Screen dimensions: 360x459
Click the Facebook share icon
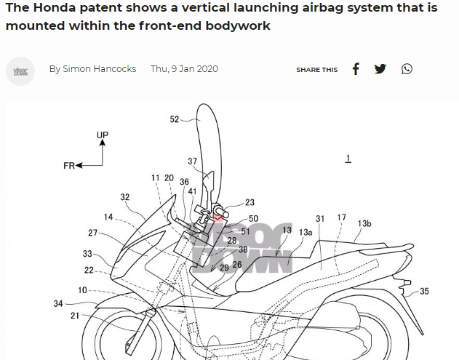[x=356, y=69]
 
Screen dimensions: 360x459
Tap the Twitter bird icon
[x=380, y=69]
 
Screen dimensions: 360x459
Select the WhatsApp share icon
[x=407, y=69]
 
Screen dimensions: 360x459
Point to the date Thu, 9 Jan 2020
[x=184, y=69]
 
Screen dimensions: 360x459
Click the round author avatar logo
[x=20, y=71]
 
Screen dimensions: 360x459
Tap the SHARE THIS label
[x=316, y=70]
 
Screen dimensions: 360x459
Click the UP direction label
[x=103, y=135]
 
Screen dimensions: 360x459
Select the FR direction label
[x=69, y=166]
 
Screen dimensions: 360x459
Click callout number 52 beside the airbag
[x=175, y=120]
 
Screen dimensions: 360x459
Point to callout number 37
[x=192, y=161]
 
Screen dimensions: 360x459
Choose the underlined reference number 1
[x=348, y=158]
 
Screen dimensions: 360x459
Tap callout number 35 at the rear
[x=424, y=292]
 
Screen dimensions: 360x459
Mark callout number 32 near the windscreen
[x=125, y=197]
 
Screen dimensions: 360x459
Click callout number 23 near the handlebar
[x=250, y=203]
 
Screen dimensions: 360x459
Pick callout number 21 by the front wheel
[x=75, y=316]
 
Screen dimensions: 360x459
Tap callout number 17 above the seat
[x=341, y=218]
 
